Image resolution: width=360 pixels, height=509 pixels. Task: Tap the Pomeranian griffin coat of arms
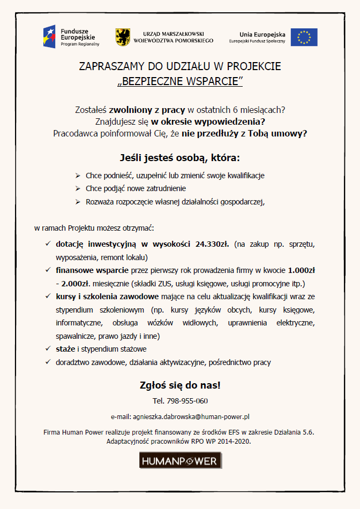[122, 37]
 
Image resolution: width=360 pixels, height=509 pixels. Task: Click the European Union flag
[304, 37]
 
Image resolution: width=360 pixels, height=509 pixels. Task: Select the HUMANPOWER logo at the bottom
[180, 460]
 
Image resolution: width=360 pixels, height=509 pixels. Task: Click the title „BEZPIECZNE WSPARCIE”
[180, 81]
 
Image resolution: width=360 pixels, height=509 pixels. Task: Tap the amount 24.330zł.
[213, 244]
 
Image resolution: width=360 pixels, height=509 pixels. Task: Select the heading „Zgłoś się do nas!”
[180, 385]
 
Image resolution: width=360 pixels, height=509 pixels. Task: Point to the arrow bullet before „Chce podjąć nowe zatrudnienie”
[78, 189]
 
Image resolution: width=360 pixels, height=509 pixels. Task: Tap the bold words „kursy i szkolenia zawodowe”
[107, 297]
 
